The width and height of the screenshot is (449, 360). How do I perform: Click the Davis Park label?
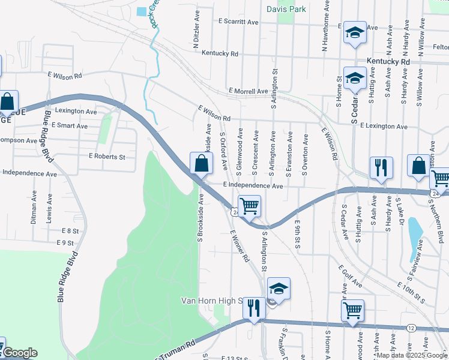tap(286, 9)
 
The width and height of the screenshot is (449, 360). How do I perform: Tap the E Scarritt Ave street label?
tap(238, 21)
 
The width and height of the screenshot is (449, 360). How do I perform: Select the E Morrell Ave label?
tap(248, 91)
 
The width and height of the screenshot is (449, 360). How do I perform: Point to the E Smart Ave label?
tap(70, 126)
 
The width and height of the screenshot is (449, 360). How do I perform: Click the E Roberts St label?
tap(106, 157)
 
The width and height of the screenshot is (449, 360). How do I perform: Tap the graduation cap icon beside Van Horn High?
tap(279, 288)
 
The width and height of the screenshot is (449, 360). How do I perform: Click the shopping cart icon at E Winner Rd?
tap(249, 206)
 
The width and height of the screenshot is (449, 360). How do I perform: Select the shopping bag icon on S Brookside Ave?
tap(201, 163)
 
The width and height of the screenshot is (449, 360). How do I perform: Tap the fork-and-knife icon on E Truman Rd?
tap(254, 308)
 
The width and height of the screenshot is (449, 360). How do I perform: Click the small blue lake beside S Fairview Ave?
tap(414, 229)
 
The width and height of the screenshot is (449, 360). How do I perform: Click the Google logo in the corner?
tap(20, 353)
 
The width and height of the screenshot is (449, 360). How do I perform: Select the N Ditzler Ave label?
tap(196, 36)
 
